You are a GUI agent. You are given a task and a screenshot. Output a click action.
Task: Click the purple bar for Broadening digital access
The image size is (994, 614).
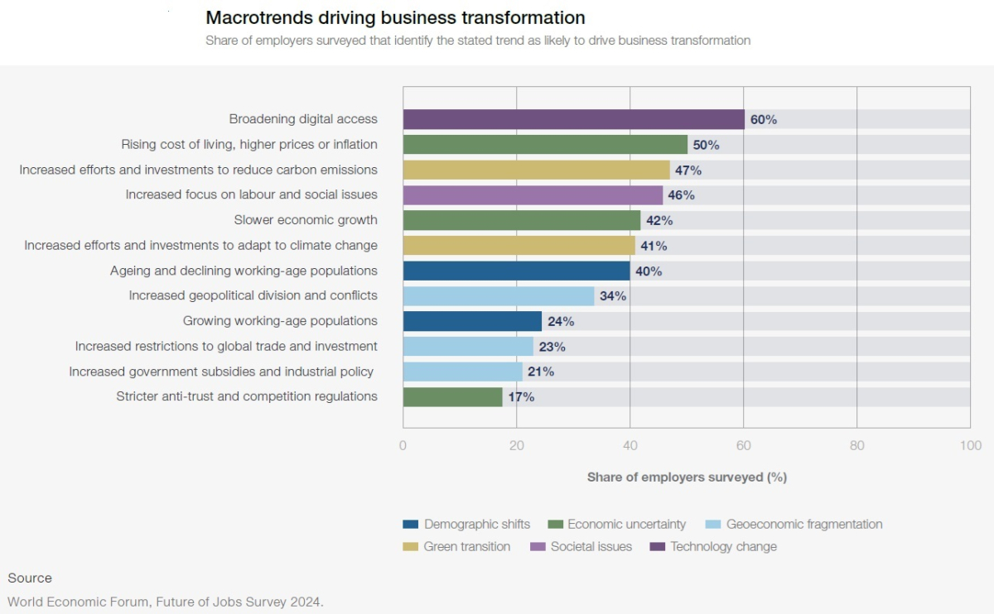tap(573, 119)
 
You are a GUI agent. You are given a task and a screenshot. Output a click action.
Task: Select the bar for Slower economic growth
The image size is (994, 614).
tap(522, 220)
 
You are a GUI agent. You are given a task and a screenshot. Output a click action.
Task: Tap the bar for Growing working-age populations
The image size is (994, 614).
tap(472, 321)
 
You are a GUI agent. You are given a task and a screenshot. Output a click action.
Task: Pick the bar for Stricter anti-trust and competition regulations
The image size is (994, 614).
tap(452, 397)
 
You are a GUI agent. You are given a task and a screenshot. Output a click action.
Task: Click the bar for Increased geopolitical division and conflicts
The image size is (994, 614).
tap(499, 296)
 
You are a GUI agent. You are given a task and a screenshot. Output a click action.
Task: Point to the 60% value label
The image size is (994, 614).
tap(764, 119)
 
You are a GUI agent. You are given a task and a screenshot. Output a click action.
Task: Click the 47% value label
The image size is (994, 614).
tap(688, 170)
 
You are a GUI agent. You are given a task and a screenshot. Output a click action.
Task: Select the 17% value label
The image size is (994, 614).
tap(521, 397)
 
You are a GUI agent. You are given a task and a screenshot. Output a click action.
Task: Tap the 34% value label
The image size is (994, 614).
tap(613, 296)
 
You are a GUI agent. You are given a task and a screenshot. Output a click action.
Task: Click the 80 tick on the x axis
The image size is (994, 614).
tap(856, 446)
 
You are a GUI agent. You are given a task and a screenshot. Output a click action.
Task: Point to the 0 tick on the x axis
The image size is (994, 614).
tap(403, 446)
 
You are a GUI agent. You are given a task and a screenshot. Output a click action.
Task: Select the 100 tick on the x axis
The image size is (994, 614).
tap(970, 446)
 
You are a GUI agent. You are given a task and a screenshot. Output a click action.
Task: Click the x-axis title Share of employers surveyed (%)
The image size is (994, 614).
tap(687, 477)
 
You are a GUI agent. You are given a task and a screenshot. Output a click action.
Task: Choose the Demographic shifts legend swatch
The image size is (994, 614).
tap(411, 525)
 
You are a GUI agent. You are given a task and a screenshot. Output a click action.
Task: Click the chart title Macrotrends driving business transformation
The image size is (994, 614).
tap(395, 17)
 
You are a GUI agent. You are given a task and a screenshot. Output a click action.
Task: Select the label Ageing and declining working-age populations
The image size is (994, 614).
tap(244, 271)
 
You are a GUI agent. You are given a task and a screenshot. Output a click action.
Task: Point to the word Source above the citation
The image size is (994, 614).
tap(30, 578)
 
